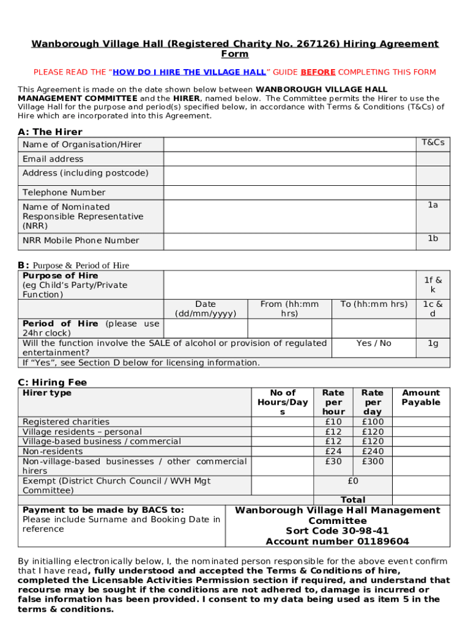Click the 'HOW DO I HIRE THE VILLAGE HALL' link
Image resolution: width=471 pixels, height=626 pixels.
click(x=189, y=72)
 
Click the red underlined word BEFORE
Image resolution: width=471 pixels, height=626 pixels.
click(x=318, y=72)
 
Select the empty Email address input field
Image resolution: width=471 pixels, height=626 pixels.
click(x=289, y=159)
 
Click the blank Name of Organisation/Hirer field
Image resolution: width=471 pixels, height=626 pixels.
click(x=289, y=144)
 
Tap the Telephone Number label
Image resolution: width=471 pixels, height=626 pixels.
click(x=64, y=193)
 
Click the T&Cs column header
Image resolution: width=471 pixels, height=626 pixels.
click(x=433, y=142)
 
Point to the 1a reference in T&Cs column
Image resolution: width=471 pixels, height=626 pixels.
click(x=433, y=205)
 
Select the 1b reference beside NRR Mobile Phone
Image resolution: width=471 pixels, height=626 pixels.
click(x=433, y=238)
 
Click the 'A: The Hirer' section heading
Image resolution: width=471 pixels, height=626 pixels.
click(x=50, y=131)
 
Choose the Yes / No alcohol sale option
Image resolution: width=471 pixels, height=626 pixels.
click(x=374, y=344)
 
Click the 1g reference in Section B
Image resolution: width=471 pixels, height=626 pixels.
click(x=433, y=344)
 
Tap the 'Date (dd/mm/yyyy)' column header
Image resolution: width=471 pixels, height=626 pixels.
click(x=206, y=309)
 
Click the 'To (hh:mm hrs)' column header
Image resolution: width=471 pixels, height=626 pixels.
click(x=374, y=304)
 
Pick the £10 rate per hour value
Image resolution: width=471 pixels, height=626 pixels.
click(x=333, y=422)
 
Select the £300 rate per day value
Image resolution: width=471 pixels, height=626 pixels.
click(x=373, y=461)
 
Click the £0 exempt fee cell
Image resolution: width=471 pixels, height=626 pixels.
click(x=353, y=481)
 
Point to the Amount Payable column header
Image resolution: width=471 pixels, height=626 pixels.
click(x=421, y=397)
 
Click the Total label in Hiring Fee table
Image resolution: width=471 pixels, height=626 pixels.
click(x=353, y=499)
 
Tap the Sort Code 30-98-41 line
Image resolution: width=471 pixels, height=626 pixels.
click(x=337, y=531)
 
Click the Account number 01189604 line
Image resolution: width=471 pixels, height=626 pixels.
click(x=337, y=541)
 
